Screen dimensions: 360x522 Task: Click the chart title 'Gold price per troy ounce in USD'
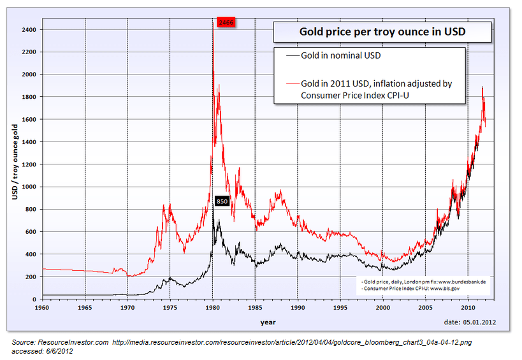pyautogui.click(x=382, y=32)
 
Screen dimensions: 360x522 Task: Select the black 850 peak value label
pyautogui.click(x=222, y=201)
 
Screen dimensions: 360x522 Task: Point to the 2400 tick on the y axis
pyautogui.click(x=29, y=29)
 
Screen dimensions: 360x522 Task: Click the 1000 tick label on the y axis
pyautogui.click(x=29, y=187)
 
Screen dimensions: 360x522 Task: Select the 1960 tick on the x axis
pyautogui.click(x=43, y=307)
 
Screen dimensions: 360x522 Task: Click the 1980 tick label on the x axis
pyautogui.click(x=212, y=307)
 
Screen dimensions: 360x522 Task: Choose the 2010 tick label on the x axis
pyautogui.click(x=467, y=307)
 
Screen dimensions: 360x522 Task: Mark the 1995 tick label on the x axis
pyautogui.click(x=340, y=307)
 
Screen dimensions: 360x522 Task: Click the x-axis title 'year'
pyautogui.click(x=268, y=322)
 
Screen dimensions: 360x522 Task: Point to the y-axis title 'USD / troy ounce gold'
pyautogui.click(x=14, y=162)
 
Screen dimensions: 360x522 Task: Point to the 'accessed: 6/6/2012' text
pyautogui.click(x=42, y=350)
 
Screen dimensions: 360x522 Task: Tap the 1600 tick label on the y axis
pyautogui.click(x=29, y=119)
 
